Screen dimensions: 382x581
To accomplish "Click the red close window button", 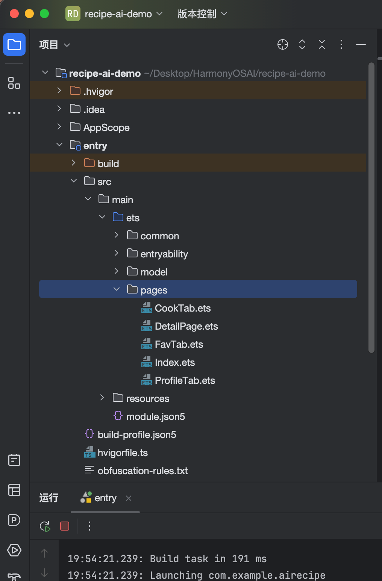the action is coord(14,14).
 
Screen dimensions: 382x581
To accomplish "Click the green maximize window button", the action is coord(44,14).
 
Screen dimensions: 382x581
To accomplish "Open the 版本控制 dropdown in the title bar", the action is coord(202,14).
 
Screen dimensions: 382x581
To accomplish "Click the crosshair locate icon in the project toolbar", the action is coord(282,45).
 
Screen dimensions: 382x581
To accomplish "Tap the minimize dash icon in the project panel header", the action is coord(361,45).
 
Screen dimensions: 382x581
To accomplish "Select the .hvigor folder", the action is coord(98,91).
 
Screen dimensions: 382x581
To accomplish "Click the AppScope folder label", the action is coord(106,127).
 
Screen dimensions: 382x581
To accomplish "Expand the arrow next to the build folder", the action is coord(74,163).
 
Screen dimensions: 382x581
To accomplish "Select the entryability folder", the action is coord(164,254).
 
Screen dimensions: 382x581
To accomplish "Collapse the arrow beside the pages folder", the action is coord(117,289).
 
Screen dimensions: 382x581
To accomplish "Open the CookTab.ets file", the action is coord(183,308).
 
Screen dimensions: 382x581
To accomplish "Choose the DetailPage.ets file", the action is coord(186,326).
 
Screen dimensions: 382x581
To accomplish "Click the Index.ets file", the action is coord(175,362).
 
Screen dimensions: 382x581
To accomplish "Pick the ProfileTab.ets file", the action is coord(185,380).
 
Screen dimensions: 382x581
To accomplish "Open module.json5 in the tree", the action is coord(156,417).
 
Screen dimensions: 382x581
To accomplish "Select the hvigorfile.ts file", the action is coord(123,453).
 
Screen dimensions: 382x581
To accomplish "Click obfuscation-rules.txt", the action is coord(142,471).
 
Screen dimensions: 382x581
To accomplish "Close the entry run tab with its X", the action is coord(129,498).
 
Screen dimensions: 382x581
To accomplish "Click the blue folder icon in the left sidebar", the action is coord(14,44).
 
